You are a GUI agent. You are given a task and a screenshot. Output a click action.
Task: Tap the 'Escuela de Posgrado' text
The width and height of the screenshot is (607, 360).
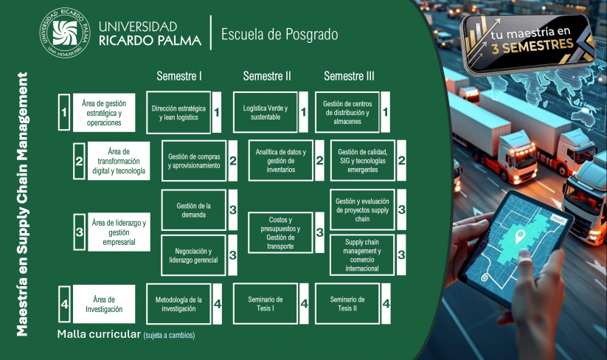[x=274, y=34]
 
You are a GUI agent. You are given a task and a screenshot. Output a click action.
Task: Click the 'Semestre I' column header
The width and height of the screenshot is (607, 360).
[x=179, y=76]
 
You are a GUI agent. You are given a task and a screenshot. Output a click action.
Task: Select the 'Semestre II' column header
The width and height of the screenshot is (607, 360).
[x=266, y=76]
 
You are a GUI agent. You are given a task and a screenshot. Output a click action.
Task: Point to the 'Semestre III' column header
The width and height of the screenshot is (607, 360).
[x=349, y=76]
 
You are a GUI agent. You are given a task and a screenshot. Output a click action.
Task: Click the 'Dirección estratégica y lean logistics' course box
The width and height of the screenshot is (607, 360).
[x=178, y=113]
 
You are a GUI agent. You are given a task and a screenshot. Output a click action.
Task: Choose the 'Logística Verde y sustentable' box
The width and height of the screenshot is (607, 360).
[x=266, y=113]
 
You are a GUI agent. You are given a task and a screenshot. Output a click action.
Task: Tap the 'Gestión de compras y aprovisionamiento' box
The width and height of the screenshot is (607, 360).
[x=193, y=161]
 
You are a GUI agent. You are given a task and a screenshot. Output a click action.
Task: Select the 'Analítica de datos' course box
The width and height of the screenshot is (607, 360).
[x=280, y=161]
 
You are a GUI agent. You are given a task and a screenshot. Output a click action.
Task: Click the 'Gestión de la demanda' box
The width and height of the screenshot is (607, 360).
[x=193, y=210]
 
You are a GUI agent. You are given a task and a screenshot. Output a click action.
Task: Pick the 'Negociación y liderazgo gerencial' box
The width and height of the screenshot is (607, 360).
[x=193, y=255]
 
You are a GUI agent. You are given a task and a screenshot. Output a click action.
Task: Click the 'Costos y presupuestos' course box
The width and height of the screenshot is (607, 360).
[x=280, y=233]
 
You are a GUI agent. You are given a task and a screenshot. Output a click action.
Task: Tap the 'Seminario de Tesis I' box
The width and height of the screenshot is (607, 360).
[x=266, y=304]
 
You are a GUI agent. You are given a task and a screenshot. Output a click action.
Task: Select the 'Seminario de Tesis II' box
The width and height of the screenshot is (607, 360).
[x=347, y=304]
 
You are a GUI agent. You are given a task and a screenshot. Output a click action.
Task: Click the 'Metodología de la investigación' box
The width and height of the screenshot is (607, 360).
[x=178, y=304]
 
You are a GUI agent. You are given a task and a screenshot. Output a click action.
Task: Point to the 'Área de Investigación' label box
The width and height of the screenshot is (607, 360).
[x=103, y=304]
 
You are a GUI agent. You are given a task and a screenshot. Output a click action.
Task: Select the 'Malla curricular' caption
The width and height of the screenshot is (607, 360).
[x=98, y=334]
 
